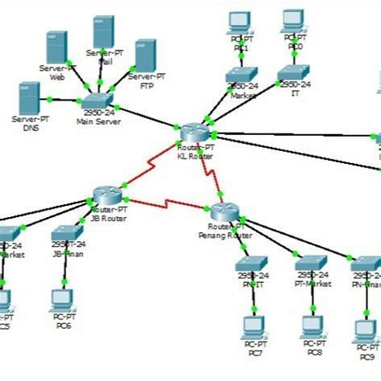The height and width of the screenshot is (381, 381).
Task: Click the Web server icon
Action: coord(56,47)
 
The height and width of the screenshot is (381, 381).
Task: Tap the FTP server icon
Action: coord(145,55)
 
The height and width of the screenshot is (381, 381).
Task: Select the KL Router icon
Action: coord(193,131)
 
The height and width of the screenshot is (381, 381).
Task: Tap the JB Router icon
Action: coord(106,195)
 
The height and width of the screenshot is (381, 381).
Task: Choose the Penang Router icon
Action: coord(225,212)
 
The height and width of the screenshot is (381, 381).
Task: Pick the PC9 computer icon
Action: coord(366,330)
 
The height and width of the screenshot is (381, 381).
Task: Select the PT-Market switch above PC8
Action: coord(310,264)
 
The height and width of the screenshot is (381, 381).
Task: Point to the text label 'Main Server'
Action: coord(98,122)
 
